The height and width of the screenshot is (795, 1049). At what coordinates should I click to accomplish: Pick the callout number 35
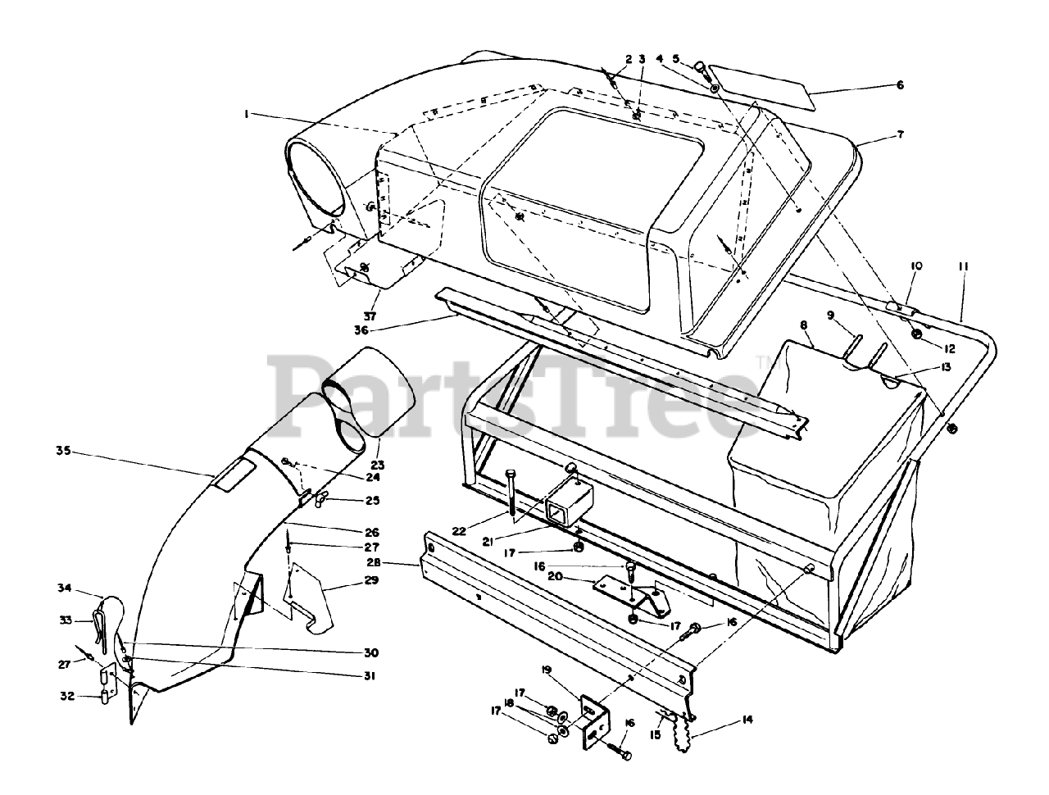tap(63, 450)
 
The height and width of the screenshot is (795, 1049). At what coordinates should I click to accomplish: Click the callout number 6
tap(900, 85)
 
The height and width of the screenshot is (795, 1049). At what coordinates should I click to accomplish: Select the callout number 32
tap(66, 696)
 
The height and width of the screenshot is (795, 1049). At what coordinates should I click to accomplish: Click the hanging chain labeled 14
tap(684, 732)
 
